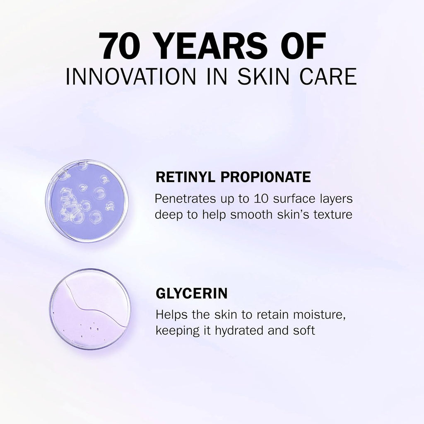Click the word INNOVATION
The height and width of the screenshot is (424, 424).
(130, 77)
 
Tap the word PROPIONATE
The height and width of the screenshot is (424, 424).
(266, 177)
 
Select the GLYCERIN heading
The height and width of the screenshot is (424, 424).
(191, 294)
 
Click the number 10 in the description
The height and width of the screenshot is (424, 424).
(261, 199)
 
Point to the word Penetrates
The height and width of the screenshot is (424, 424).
(185, 199)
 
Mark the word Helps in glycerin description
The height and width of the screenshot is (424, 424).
(172, 315)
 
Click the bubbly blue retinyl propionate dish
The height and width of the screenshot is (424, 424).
(87, 201)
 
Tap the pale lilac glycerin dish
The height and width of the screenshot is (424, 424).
(90, 309)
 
